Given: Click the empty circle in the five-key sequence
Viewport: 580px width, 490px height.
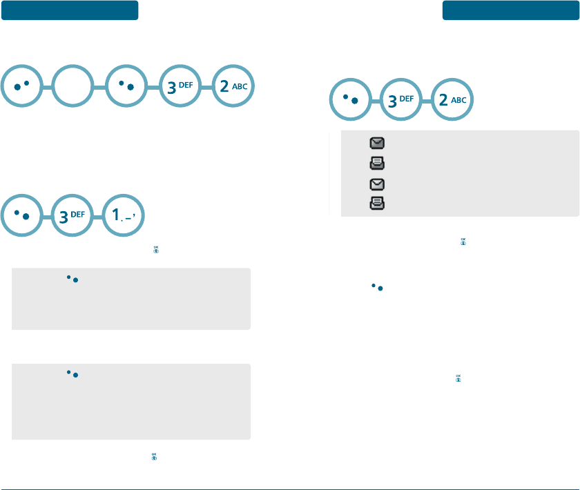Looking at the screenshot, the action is (x=75, y=87).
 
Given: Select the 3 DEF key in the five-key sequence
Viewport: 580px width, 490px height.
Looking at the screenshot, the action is (x=182, y=87).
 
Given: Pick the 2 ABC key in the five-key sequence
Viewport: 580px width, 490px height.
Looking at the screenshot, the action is (x=234, y=87).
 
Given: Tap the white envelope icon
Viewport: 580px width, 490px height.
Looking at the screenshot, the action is (x=378, y=184).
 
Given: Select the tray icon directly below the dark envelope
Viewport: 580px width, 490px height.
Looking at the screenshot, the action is (x=378, y=164).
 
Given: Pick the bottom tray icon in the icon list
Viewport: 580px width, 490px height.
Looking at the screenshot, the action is (x=378, y=204).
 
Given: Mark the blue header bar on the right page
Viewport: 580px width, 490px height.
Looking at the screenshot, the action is (x=511, y=10).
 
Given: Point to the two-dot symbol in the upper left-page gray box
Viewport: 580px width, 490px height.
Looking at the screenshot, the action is (x=71, y=278).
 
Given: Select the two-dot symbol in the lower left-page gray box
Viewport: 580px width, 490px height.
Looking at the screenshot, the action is (x=71, y=373).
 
